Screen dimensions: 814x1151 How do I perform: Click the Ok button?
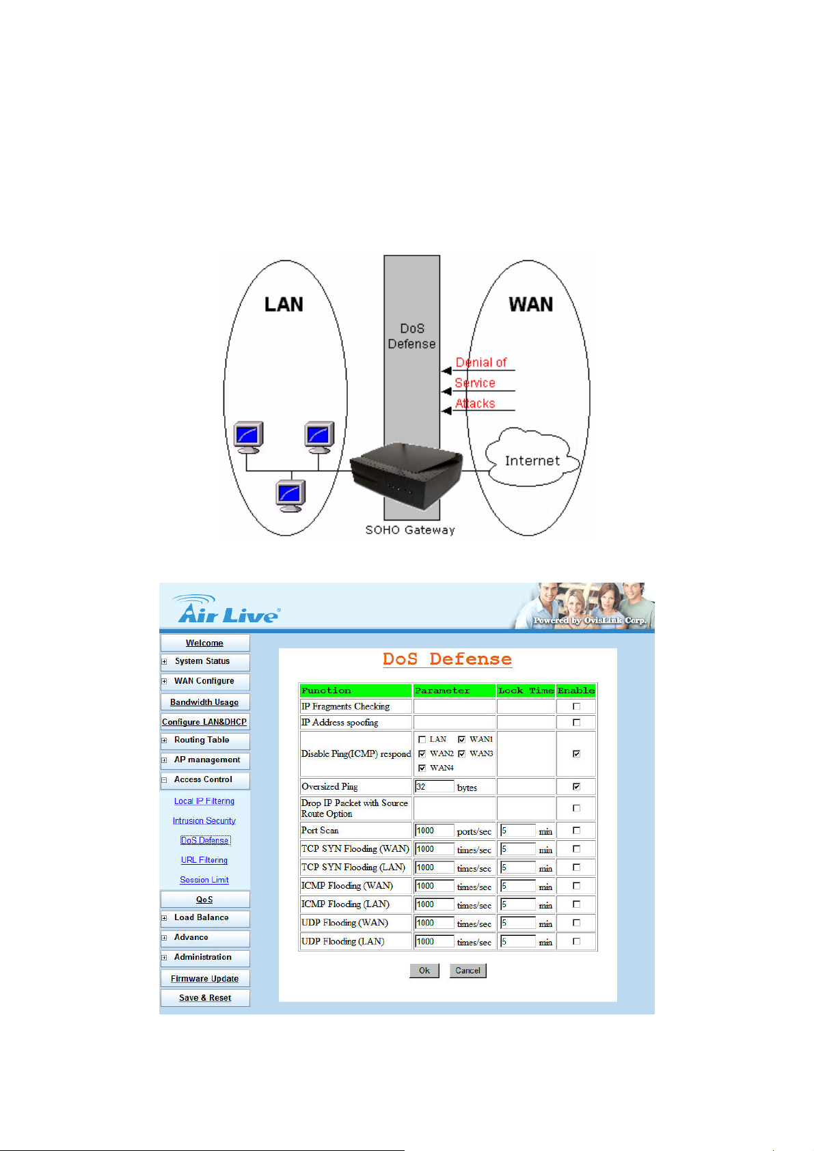click(x=424, y=971)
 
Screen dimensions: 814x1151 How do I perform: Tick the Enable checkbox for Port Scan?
click(x=576, y=831)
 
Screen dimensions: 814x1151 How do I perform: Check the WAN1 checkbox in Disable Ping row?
click(x=462, y=739)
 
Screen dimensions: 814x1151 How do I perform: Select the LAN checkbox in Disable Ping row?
click(x=422, y=739)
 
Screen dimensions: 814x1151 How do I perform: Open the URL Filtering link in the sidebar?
click(x=204, y=860)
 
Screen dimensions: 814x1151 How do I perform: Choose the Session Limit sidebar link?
click(x=204, y=880)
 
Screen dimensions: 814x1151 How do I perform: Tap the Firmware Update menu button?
click(x=204, y=978)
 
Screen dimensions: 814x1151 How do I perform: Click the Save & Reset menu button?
click(x=204, y=998)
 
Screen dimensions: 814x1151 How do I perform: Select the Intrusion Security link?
click(x=204, y=820)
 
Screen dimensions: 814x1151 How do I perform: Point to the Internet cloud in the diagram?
click(x=532, y=457)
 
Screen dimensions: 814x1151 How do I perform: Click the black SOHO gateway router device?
click(x=406, y=475)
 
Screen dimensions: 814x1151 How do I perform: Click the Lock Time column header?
click(x=526, y=691)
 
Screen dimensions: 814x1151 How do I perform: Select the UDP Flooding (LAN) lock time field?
click(x=518, y=941)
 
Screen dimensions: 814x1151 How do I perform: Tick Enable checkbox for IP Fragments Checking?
click(x=576, y=706)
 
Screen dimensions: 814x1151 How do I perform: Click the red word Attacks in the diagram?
click(x=475, y=404)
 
